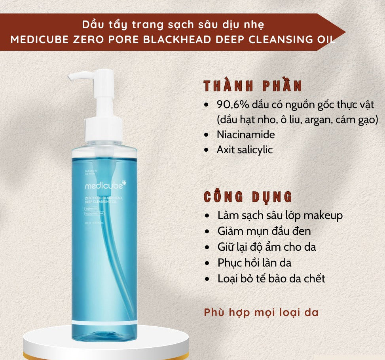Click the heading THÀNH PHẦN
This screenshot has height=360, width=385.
pyautogui.click(x=253, y=87)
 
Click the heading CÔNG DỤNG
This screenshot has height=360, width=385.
pyautogui.click(x=248, y=197)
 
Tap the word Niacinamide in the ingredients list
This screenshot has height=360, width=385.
pyautogui.click(x=245, y=134)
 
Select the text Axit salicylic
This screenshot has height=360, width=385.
pyautogui.click(x=245, y=150)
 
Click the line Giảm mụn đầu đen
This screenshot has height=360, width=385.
pyautogui.click(x=264, y=231)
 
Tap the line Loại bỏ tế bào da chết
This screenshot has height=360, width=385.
pyautogui.click(x=271, y=278)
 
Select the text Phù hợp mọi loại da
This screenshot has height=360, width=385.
pyautogui.click(x=261, y=312)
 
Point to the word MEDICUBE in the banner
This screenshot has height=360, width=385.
pyautogui.click(x=41, y=40)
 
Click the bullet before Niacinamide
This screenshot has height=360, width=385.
pyautogui.click(x=206, y=135)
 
